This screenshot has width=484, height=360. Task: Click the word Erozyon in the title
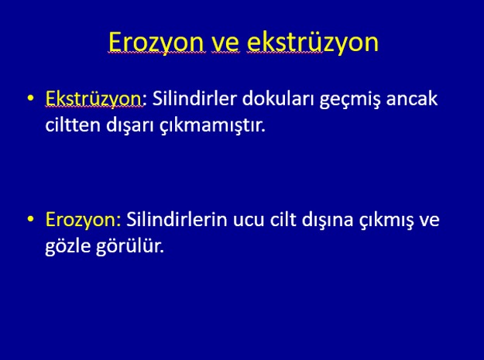[x=156, y=43]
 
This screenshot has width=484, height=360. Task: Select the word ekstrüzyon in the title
[x=313, y=43]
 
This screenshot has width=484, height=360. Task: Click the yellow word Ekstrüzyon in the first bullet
[x=94, y=99]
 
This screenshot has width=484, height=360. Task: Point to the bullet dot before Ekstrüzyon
[x=30, y=98]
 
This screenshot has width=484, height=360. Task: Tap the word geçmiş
[x=350, y=100]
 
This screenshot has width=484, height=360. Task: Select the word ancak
[x=411, y=98]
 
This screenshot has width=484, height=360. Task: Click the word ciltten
[x=73, y=125]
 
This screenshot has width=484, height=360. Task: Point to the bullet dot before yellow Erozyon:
[x=30, y=219]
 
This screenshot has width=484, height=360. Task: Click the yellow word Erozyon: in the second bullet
[x=83, y=220]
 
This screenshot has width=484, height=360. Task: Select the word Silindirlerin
[x=177, y=219]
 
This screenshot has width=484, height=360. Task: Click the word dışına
[x=328, y=220]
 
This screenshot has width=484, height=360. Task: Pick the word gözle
[x=67, y=247]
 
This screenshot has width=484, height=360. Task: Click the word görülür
[x=129, y=247]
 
